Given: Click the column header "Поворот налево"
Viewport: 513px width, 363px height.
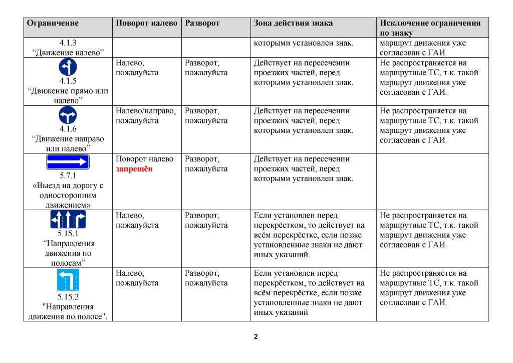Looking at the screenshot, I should (146, 23).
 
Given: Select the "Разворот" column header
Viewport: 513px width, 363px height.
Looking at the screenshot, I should (202, 23).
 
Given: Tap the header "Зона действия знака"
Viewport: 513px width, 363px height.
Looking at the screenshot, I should (293, 23).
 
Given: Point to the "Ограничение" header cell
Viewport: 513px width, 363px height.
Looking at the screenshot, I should (53, 23).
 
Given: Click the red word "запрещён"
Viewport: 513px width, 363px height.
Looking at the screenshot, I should (134, 169).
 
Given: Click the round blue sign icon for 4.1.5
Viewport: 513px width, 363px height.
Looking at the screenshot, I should (68, 67).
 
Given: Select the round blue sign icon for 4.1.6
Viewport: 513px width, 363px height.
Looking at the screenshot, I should (68, 115).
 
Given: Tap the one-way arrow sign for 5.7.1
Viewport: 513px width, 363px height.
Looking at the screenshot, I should (68, 162).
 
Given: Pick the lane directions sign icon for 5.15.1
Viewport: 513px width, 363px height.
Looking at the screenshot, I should (68, 219).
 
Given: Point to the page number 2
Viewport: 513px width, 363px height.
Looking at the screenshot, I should (256, 336).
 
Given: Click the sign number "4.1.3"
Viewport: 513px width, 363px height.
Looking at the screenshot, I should (68, 43).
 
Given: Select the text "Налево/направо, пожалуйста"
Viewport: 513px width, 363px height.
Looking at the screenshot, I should (145, 116).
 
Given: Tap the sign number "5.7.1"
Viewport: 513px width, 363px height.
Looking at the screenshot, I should (68, 176).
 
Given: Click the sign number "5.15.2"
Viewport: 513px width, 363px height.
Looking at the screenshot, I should (68, 297).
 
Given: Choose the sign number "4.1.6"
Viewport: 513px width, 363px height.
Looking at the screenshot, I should (68, 129).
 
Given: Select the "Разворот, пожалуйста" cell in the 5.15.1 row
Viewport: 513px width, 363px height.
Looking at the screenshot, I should (206, 221).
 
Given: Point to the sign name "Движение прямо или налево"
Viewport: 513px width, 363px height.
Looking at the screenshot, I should (68, 96).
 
